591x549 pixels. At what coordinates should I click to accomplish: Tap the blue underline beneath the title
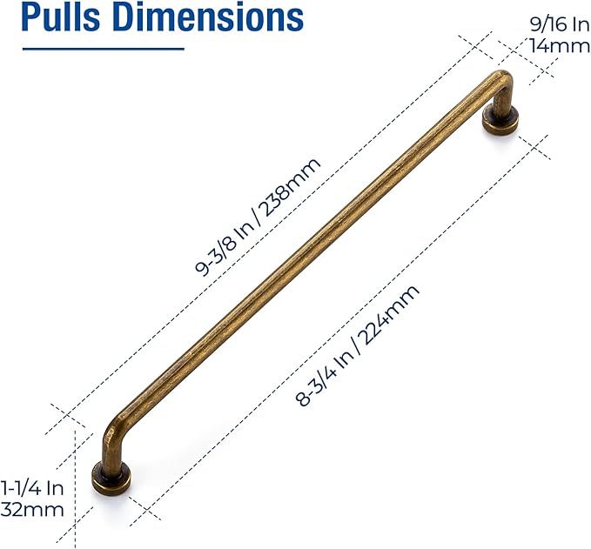(104, 49)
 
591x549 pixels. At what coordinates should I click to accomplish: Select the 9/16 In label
(560, 25)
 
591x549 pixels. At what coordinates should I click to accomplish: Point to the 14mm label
(560, 46)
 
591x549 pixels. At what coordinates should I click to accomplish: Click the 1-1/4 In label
(32, 489)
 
